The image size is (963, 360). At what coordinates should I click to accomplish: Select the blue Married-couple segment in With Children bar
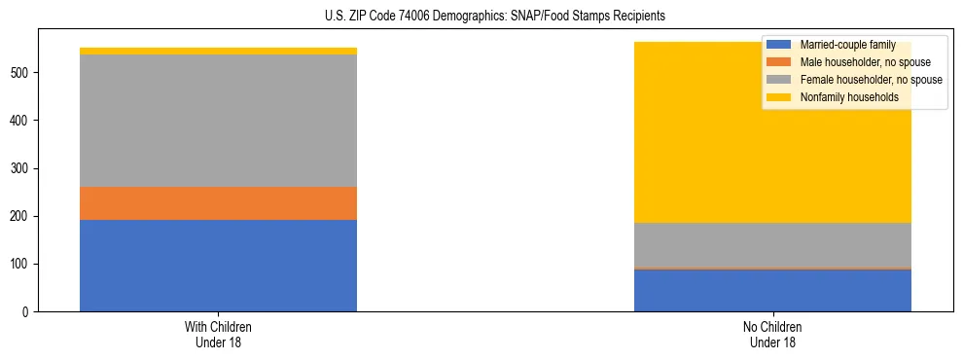[x=218, y=266]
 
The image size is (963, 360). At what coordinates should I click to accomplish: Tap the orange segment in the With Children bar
[x=218, y=203]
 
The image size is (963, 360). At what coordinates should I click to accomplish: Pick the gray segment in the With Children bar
[x=218, y=121]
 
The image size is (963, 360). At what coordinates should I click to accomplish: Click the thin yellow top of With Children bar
[x=218, y=51]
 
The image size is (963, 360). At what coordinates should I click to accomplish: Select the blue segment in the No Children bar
[x=772, y=290]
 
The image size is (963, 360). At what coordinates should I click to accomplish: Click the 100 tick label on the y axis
[x=21, y=265]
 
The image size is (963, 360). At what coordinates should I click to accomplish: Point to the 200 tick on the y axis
[x=21, y=217]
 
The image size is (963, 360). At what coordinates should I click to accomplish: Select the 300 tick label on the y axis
[x=21, y=168]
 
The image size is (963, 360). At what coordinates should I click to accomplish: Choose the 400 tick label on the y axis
[x=21, y=121]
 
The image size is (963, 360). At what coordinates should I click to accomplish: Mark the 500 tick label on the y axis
[x=21, y=73]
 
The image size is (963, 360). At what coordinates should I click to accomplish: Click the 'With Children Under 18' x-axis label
[x=218, y=335]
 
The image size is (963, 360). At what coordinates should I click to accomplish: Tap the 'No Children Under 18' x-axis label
[x=772, y=335]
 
